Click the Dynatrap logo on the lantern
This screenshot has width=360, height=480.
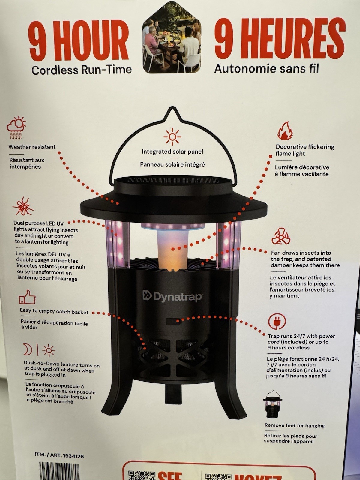click(172, 296)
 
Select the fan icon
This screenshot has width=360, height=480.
click(281, 236)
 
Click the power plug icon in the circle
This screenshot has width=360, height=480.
click(277, 322)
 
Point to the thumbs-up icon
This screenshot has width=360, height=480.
click(27, 297)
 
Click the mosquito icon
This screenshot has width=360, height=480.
click(23, 206)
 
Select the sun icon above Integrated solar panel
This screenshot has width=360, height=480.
click(172, 137)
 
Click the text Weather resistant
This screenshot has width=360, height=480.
click(32, 147)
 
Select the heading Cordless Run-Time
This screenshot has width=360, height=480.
click(82, 70)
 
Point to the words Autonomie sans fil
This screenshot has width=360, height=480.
click(267, 68)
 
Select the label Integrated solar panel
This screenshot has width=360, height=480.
click(172, 151)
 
